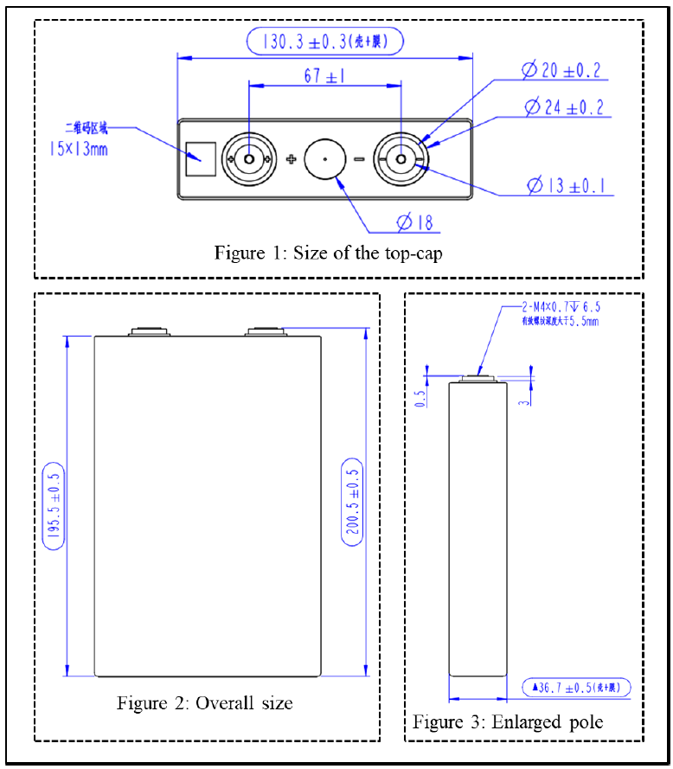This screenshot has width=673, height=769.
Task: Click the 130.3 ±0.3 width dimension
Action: [324, 42]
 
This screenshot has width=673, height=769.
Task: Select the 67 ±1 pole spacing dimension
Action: [324, 76]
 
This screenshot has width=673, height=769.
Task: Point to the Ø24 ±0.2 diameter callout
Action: [563, 107]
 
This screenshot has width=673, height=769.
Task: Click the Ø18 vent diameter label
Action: [415, 222]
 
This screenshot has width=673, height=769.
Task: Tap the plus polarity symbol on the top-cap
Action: [291, 159]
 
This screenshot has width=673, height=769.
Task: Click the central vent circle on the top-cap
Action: [325, 159]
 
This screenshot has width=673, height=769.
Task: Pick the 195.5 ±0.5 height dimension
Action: [53, 507]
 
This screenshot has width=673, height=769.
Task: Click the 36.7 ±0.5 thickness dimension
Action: [576, 688]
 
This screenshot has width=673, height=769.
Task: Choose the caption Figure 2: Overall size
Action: [205, 702]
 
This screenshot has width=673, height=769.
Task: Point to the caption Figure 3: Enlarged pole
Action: [508, 721]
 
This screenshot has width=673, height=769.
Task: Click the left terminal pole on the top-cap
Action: [248, 159]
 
